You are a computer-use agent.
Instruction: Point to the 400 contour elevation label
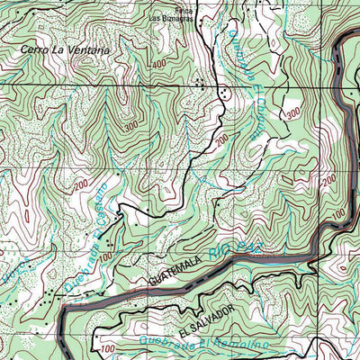tap(159, 65)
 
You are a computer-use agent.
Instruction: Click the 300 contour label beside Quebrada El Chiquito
tap(292, 112)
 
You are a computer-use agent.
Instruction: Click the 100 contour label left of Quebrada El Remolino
tap(107, 348)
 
